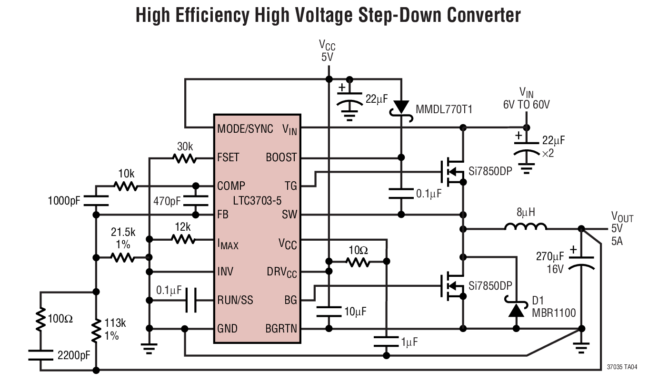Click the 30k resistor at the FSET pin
[x=185, y=158]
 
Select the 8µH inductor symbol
[x=526, y=228]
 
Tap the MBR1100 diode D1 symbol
[x=516, y=310]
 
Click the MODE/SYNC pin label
[x=245, y=129]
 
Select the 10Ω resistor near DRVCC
[x=358, y=262]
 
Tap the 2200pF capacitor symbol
[x=40, y=354]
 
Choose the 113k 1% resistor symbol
[x=96, y=330]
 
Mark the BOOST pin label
[x=281, y=157]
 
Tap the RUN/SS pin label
[x=235, y=300]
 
